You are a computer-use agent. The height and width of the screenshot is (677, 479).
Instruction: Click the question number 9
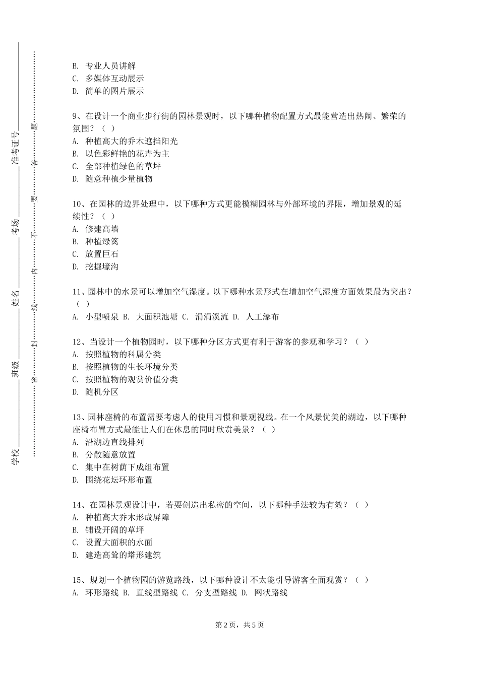pyautogui.click(x=75, y=116)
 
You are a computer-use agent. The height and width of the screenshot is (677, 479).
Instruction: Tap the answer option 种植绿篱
pyautogui.click(x=102, y=242)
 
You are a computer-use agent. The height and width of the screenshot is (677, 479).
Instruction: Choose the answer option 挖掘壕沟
pyautogui.click(x=102, y=266)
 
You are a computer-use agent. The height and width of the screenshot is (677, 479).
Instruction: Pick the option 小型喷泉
pyautogui.click(x=102, y=317)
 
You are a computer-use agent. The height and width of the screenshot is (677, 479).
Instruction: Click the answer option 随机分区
pyautogui.click(x=102, y=392)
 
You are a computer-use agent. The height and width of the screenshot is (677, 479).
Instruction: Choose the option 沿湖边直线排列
pyautogui.click(x=114, y=442)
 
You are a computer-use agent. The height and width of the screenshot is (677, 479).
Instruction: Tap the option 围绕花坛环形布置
pyautogui.click(x=119, y=480)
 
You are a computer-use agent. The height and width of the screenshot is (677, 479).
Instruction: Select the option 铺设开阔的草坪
pyautogui.click(x=114, y=530)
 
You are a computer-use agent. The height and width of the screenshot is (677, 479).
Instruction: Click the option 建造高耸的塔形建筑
pyautogui.click(x=123, y=555)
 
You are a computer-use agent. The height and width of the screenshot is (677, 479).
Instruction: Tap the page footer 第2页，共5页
pyautogui.click(x=239, y=625)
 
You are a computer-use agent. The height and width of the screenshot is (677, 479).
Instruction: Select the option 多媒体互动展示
pyautogui.click(x=114, y=79)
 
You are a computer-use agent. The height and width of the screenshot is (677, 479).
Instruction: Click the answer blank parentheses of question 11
pyautogui.click(x=83, y=304)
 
